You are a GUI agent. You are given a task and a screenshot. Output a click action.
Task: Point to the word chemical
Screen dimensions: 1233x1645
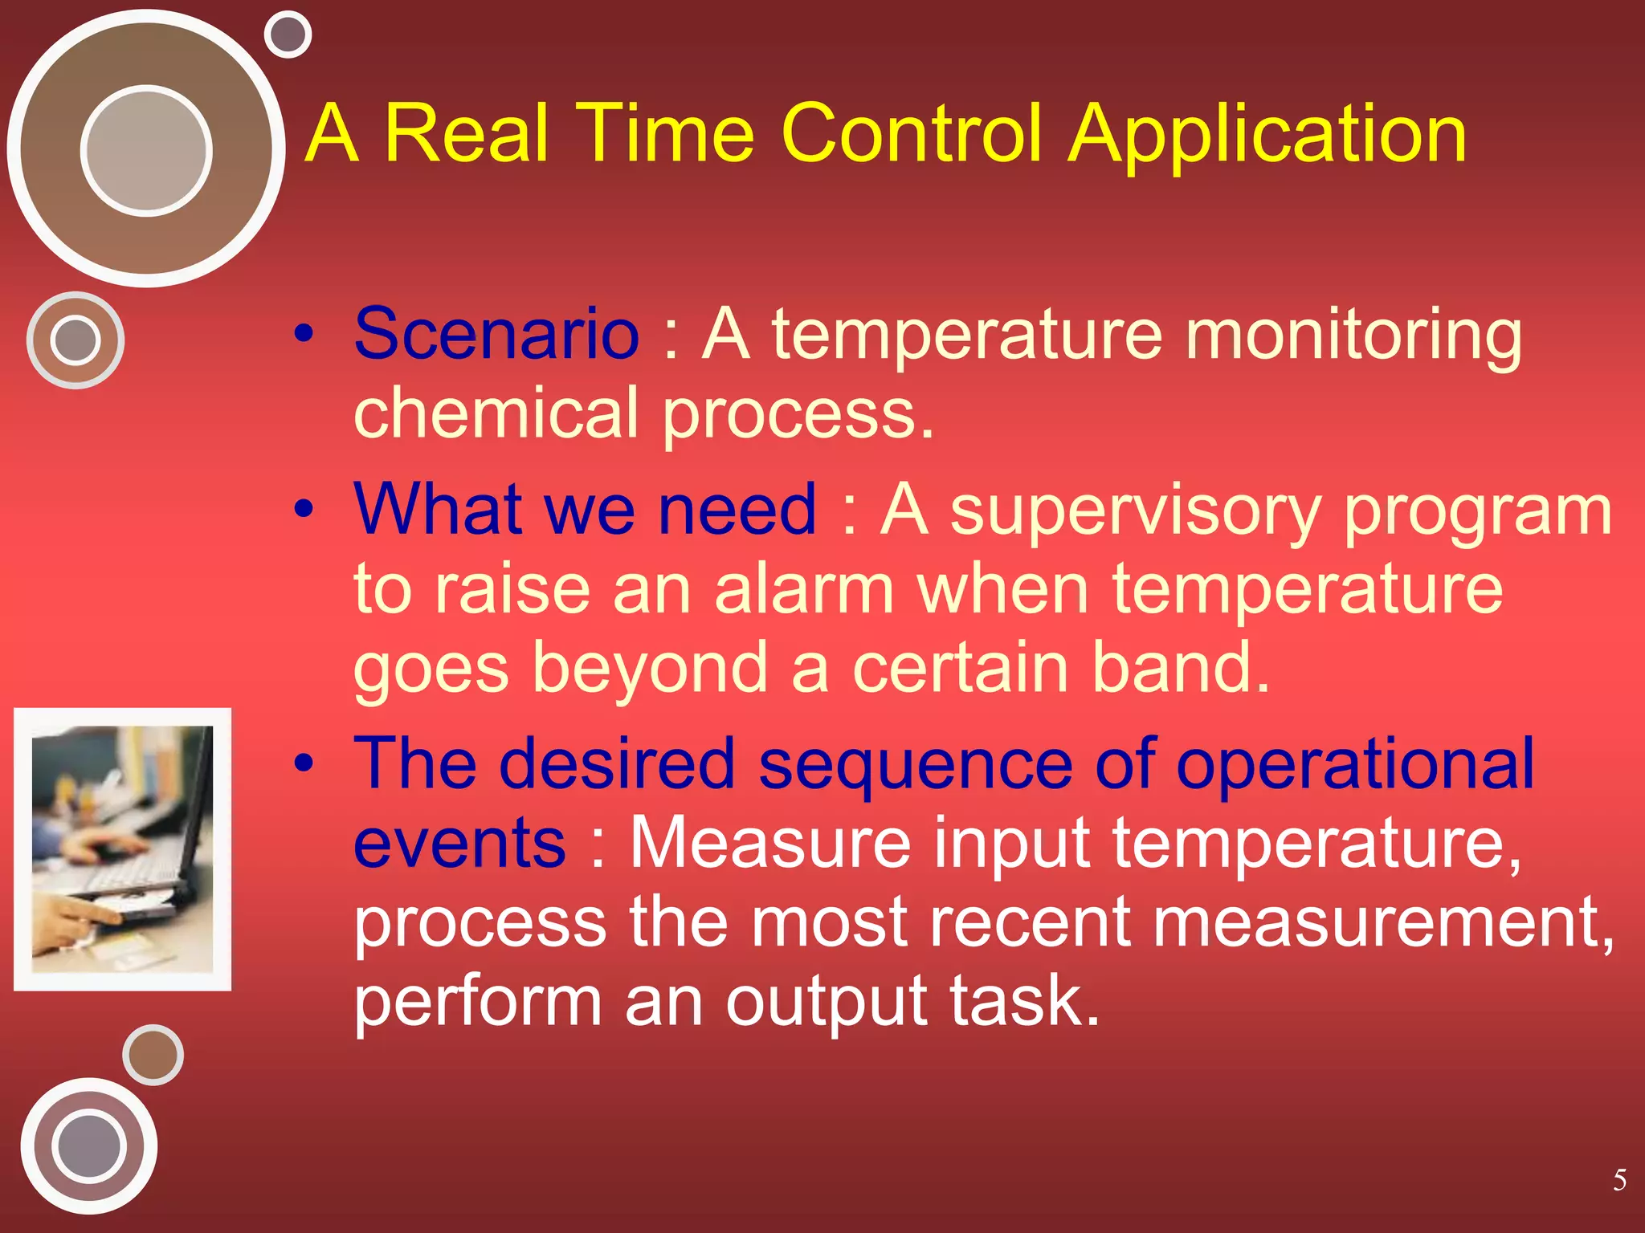(x=496, y=413)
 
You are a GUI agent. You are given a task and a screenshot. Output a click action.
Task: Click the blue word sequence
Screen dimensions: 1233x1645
(x=915, y=766)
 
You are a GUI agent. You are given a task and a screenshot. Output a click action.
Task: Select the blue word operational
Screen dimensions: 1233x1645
(x=1355, y=766)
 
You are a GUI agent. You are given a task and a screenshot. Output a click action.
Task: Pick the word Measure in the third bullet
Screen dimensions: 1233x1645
(x=769, y=843)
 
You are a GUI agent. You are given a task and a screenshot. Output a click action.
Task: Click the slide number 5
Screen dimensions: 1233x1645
(x=1619, y=1180)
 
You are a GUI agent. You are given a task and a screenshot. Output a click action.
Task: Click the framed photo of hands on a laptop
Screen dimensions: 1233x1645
(x=122, y=849)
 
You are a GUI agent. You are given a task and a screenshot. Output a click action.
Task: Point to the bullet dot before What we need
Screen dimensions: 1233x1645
(x=303, y=509)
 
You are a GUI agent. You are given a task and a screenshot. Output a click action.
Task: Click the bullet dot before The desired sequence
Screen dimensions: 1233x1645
(x=303, y=764)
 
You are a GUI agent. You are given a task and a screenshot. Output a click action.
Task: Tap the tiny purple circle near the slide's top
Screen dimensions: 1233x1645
(x=288, y=35)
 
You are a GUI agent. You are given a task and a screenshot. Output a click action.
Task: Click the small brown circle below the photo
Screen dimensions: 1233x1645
(x=153, y=1055)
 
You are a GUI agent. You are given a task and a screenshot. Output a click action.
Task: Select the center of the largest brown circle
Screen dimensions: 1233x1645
(x=146, y=149)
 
